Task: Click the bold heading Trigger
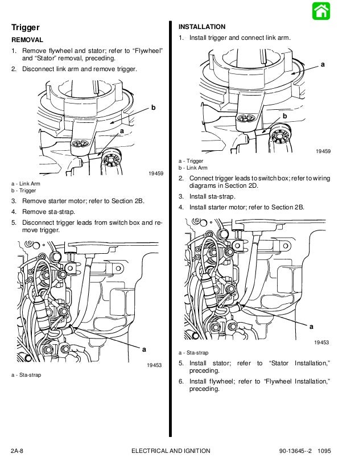[x=26, y=27]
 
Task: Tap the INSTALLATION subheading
[x=202, y=27]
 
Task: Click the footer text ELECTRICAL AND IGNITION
[x=170, y=451]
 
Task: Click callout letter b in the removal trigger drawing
[x=153, y=108]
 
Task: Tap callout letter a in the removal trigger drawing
[x=122, y=131]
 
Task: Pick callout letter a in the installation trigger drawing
[x=323, y=65]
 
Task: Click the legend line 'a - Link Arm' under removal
[x=26, y=184]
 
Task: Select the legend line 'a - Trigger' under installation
[x=191, y=161]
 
